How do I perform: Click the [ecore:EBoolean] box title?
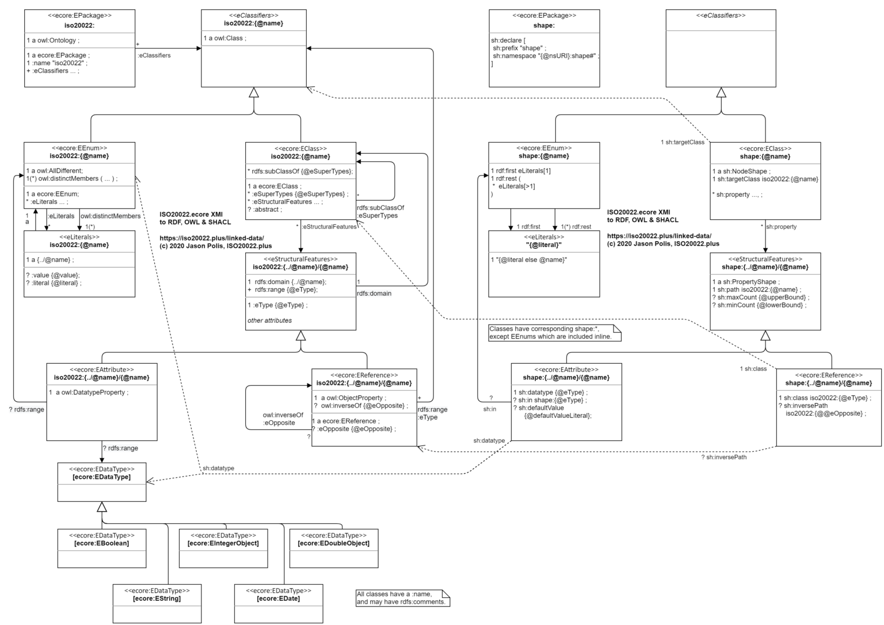pyautogui.click(x=101, y=543)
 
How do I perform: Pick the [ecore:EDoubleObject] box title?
pyautogui.click(x=334, y=543)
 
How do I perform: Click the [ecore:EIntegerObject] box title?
pyautogui.click(x=223, y=543)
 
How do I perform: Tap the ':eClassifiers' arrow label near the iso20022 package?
pyautogui.click(x=154, y=55)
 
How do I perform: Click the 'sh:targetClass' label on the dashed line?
pyautogui.click(x=683, y=142)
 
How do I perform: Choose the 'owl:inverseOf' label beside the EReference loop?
pyautogui.click(x=283, y=415)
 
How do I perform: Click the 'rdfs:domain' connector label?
pyautogui.click(x=374, y=294)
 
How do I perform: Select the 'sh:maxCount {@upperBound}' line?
pyautogui.click(x=763, y=298)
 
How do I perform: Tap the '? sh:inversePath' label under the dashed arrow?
pyautogui.click(x=723, y=457)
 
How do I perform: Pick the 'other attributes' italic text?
pyautogui.click(x=269, y=321)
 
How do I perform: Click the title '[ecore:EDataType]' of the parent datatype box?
pyautogui.click(x=102, y=477)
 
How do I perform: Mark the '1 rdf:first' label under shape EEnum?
pyautogui.click(x=528, y=227)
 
